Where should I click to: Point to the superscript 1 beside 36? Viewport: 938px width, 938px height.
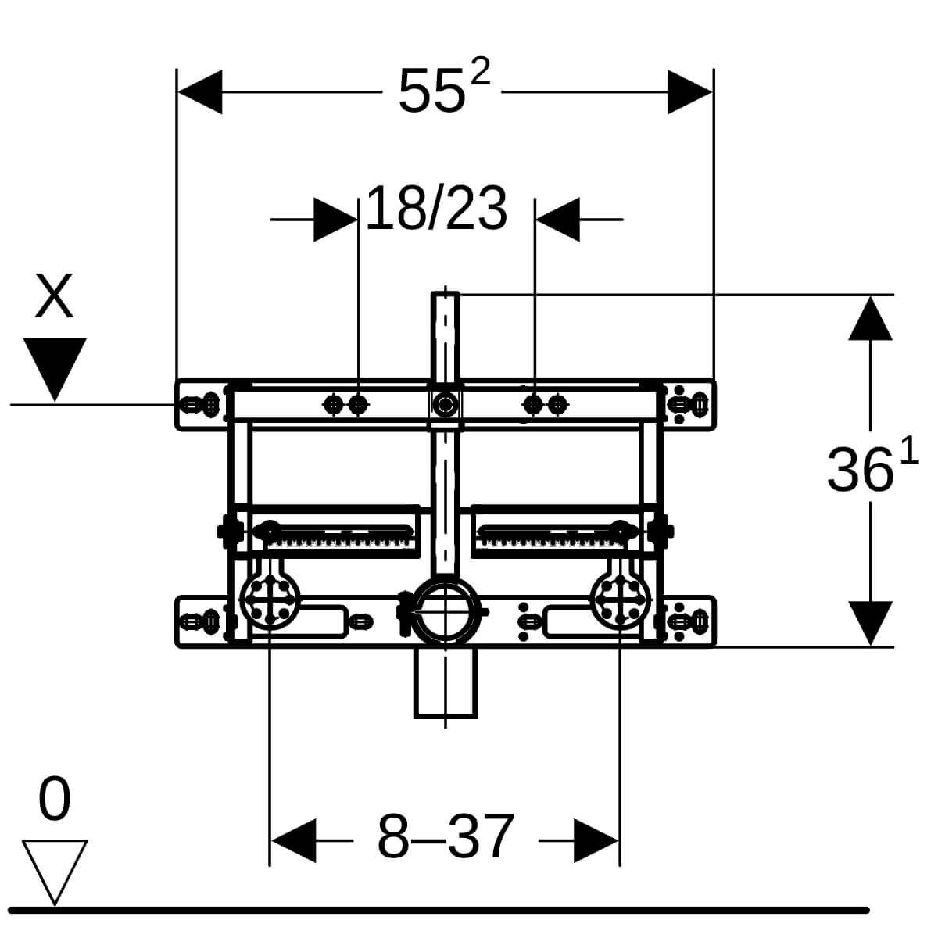point(909,452)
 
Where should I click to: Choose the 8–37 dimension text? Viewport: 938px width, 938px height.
point(446,837)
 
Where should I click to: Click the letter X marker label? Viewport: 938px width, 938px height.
point(54,296)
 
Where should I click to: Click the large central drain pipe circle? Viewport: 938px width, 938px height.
point(445,610)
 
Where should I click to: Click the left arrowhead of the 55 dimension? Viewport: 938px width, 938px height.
point(200,92)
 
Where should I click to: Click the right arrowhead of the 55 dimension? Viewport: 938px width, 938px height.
point(691,92)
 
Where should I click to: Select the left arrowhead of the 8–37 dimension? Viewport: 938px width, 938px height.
point(292,841)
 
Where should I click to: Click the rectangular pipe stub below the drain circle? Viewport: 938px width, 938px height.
point(445,686)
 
